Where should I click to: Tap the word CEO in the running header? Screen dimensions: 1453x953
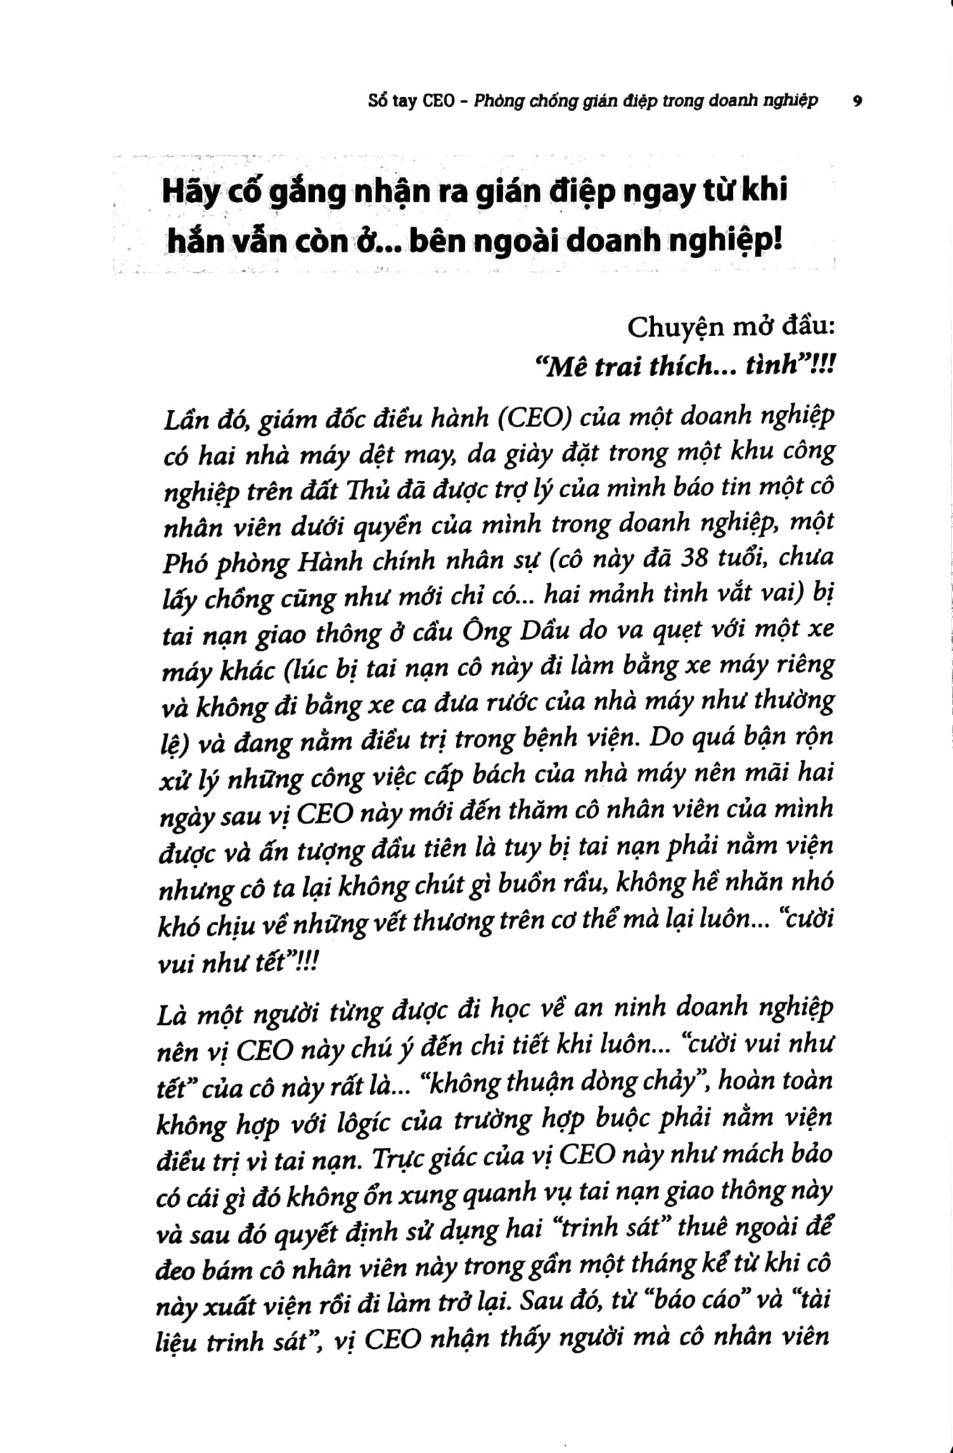(438, 101)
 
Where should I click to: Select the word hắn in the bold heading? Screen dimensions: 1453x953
(191, 243)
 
